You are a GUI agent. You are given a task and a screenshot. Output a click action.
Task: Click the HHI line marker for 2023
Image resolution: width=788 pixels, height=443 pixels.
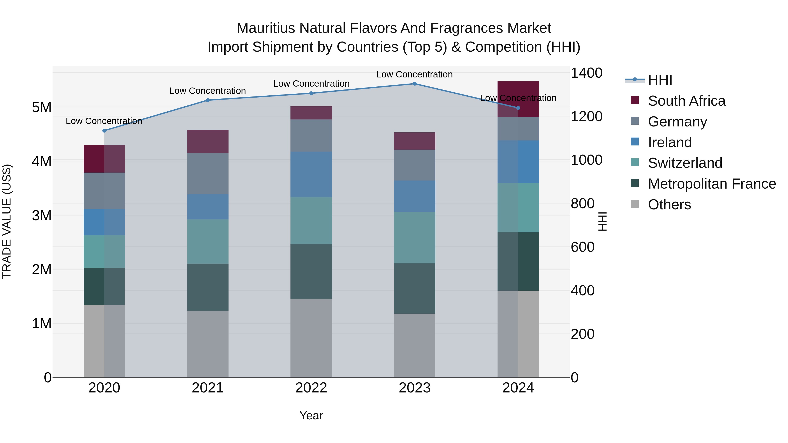[x=415, y=84]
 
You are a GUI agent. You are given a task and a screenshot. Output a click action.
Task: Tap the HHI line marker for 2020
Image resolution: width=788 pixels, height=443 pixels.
[x=104, y=131]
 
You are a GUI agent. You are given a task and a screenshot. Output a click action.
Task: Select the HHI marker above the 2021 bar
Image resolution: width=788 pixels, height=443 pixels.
[x=208, y=100]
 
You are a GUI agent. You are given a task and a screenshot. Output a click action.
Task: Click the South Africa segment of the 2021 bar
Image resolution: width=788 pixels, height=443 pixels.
[x=208, y=141]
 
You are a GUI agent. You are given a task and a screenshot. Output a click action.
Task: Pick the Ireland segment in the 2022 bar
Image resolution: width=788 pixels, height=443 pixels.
[x=311, y=174]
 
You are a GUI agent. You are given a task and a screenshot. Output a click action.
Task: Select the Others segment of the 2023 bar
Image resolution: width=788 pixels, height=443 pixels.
[x=415, y=345]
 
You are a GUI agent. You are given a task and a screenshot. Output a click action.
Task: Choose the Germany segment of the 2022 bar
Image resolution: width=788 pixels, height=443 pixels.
[x=311, y=135]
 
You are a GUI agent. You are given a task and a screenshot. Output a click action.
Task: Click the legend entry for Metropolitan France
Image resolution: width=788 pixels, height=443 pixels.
[x=712, y=184]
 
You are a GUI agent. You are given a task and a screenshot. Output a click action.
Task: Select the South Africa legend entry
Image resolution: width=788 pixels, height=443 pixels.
[x=686, y=101]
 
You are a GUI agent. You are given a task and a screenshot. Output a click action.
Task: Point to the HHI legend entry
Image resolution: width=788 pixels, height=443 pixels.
[x=660, y=80]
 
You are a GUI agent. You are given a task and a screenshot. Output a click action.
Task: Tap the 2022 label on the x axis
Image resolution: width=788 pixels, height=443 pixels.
[x=311, y=388]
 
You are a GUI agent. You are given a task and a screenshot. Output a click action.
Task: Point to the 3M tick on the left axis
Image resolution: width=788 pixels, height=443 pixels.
[x=42, y=215]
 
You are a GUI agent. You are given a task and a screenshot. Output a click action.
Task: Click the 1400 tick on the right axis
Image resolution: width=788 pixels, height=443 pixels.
[x=586, y=73]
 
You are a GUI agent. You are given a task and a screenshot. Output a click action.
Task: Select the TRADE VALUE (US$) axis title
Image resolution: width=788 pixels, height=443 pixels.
[x=7, y=221]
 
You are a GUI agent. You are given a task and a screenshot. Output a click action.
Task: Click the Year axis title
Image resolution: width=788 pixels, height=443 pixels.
[x=311, y=415]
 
